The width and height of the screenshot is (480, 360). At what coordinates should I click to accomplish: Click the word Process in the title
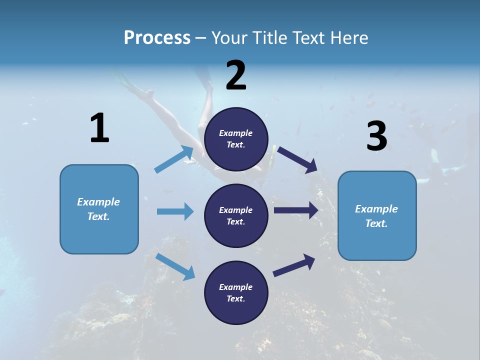[x=157, y=38]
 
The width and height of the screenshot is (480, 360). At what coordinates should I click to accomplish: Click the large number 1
[x=99, y=128]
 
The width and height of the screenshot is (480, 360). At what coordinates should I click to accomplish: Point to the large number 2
[x=236, y=75]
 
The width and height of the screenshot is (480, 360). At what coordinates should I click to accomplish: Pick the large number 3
[x=376, y=136]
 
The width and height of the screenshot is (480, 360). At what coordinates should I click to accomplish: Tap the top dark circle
[x=236, y=139]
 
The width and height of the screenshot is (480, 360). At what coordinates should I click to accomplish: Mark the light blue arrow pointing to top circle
[x=174, y=159]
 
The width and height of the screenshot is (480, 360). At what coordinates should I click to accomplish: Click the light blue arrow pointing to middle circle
[x=175, y=211]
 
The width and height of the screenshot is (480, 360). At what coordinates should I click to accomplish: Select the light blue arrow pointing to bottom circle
[x=175, y=266]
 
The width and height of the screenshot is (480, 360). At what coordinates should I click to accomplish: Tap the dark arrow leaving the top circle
[x=297, y=160]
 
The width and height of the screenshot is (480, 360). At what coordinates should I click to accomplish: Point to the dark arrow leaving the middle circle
[x=295, y=210]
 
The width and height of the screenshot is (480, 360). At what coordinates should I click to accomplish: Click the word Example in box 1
[x=98, y=202]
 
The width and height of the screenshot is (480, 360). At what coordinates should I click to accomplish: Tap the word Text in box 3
[x=376, y=223]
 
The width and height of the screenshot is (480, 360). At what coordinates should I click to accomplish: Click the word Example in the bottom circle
[x=235, y=287]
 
